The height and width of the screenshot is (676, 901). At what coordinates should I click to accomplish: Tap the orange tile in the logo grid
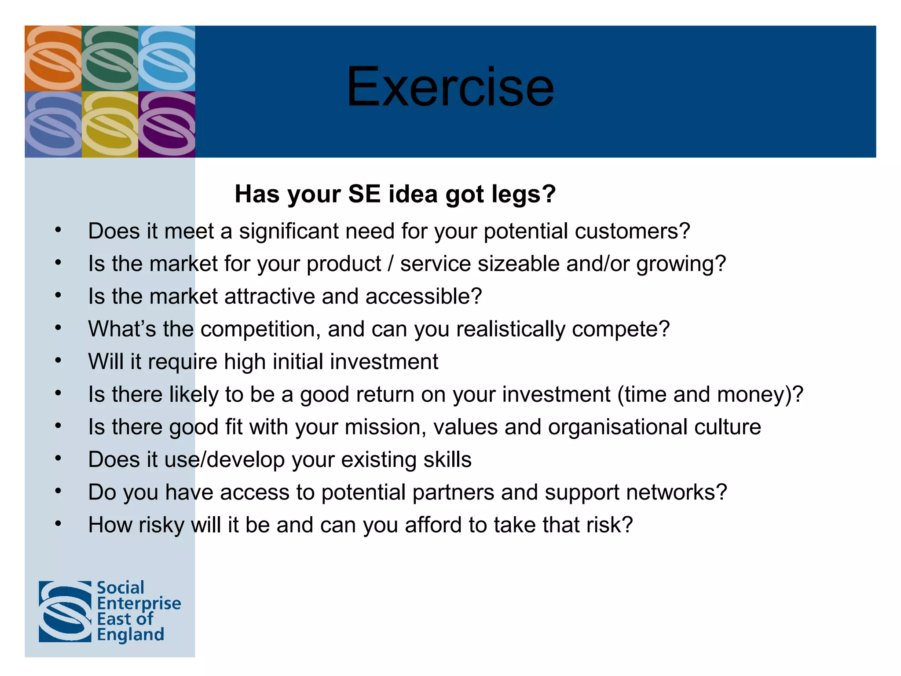click(53, 58)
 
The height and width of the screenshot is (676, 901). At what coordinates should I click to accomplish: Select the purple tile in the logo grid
click(167, 124)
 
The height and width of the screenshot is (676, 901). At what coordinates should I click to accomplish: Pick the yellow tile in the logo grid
click(110, 124)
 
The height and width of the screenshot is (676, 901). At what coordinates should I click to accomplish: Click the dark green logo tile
click(110, 58)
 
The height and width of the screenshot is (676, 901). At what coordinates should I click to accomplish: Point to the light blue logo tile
click(167, 58)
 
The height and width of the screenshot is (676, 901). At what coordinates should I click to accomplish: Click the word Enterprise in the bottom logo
click(139, 603)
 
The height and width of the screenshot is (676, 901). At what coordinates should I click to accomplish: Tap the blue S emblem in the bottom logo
click(65, 611)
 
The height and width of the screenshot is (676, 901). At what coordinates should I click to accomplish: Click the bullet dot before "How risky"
click(58, 524)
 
